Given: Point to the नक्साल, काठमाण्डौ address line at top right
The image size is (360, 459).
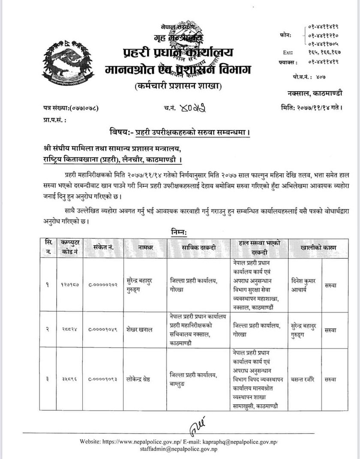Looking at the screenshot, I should point(315,93).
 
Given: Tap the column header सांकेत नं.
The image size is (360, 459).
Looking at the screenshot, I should point(104,247).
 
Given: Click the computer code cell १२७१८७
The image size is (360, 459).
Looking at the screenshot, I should point(69,284).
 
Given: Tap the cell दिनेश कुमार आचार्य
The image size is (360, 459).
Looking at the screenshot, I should point(303,284).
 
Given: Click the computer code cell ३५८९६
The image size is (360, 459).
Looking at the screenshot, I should point(69,379).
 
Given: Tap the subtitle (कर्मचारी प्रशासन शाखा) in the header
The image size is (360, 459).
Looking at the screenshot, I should point(177,86).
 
